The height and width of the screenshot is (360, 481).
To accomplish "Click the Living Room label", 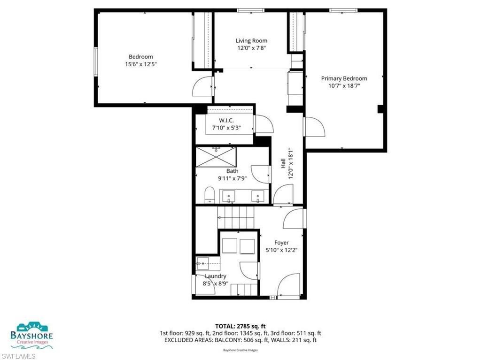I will (251, 41).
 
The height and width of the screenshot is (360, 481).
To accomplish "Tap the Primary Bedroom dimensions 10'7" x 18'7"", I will (344, 86).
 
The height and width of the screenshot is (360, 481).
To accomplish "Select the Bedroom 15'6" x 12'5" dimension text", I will (141, 64).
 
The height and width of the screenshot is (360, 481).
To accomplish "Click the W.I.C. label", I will (226, 121).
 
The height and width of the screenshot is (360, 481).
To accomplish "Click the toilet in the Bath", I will (210, 194).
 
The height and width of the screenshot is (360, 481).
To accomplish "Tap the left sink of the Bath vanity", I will (230, 196).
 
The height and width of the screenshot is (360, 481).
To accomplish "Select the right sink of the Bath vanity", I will (258, 196).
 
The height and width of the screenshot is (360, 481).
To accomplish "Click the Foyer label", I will (281, 243).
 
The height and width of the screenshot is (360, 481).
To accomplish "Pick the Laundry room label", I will (215, 276).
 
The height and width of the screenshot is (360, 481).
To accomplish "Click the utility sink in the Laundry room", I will (202, 263).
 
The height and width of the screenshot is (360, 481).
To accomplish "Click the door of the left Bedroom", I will (203, 86).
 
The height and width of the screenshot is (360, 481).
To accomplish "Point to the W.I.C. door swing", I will (263, 125).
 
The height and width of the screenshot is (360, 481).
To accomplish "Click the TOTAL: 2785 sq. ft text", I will (240, 326).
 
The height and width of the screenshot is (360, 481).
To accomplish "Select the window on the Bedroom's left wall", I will (96, 61).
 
